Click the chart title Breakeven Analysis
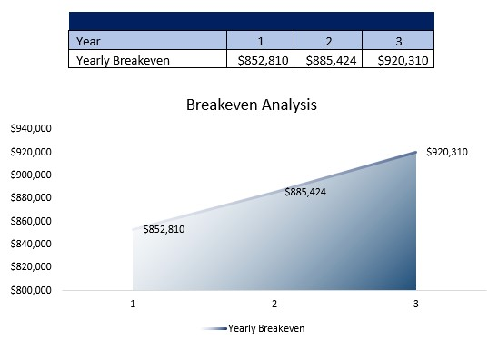pyautogui.click(x=251, y=105)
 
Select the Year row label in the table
pyautogui.click(x=88, y=40)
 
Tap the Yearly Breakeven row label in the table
pyautogui.click(x=124, y=60)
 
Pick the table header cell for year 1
pyautogui.click(x=260, y=40)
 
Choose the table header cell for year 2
pyautogui.click(x=328, y=40)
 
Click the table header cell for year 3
pyautogui.click(x=397, y=40)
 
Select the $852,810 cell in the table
pyautogui.click(x=260, y=60)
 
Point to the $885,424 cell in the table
pyautogui.click(x=328, y=60)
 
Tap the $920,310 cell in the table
pyautogui.click(x=397, y=60)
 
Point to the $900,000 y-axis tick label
pyautogui.click(x=31, y=175)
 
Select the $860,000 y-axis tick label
pyautogui.click(x=31, y=221)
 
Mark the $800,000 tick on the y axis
pyautogui.click(x=31, y=290)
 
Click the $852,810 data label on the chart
pyautogui.click(x=164, y=229)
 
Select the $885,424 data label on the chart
pyautogui.click(x=305, y=192)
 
